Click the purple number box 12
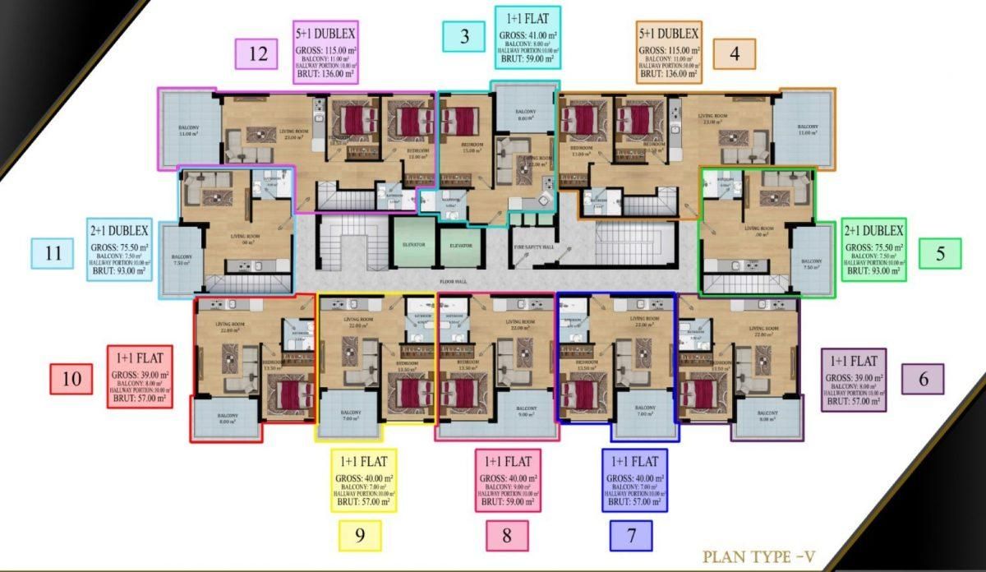click(258, 54)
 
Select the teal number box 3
click(464, 36)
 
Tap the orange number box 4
click(734, 54)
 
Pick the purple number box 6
click(923, 379)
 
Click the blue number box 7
click(631, 536)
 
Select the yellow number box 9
click(360, 536)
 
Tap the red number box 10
click(71, 379)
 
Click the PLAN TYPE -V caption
click(758, 556)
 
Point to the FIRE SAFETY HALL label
click(533, 245)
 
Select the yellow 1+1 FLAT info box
click(364, 480)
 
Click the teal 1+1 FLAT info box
click(528, 37)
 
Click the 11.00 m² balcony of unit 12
click(188, 129)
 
